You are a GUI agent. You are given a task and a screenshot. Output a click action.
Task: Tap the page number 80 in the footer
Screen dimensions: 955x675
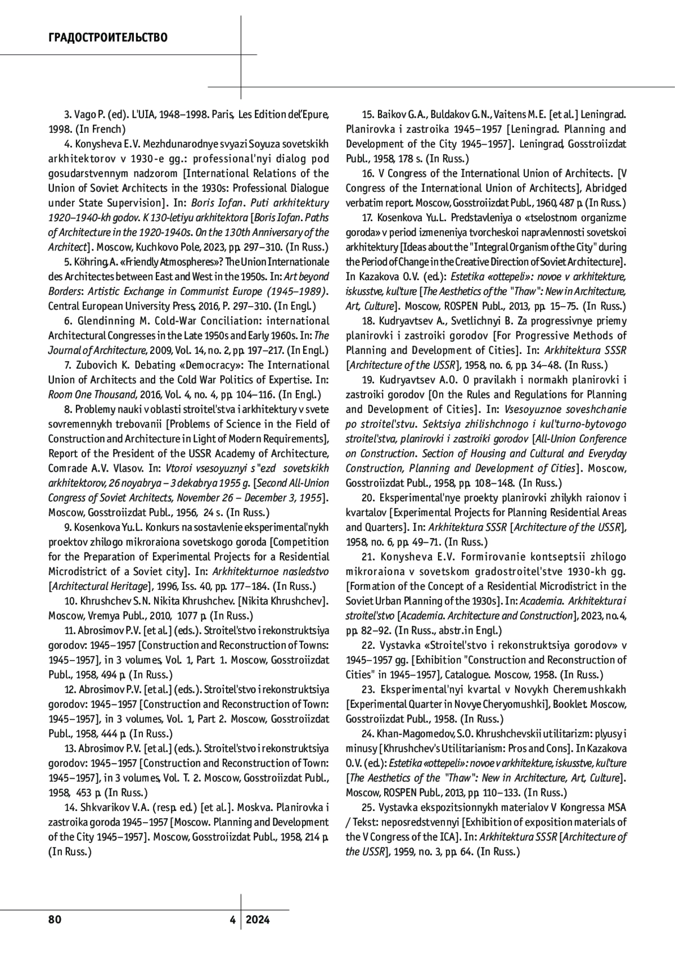click(55, 920)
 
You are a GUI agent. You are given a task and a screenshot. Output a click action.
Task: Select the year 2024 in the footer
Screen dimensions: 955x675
click(258, 920)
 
